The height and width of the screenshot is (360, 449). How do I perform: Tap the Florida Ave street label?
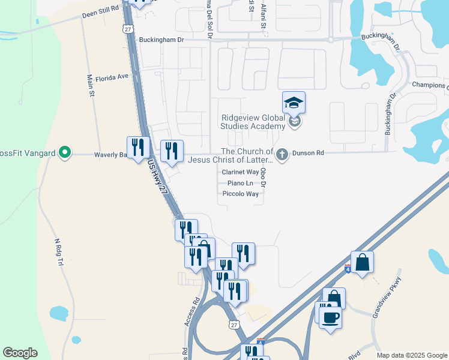112,77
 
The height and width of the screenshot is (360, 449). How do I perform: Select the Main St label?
91,85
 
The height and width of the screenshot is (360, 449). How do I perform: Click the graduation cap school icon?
294,103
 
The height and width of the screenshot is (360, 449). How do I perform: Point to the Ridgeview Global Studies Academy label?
253,122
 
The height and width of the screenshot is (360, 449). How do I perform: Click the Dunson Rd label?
308,154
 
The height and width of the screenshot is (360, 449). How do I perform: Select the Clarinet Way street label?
240,172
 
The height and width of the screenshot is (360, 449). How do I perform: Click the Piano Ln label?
240,183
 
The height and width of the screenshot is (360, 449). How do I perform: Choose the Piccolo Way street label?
240,194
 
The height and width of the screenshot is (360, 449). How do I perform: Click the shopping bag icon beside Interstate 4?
363,262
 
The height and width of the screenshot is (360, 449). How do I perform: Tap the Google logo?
20,353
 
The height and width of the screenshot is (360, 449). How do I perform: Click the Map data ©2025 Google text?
411,355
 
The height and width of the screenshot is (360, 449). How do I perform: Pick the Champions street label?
430,85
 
